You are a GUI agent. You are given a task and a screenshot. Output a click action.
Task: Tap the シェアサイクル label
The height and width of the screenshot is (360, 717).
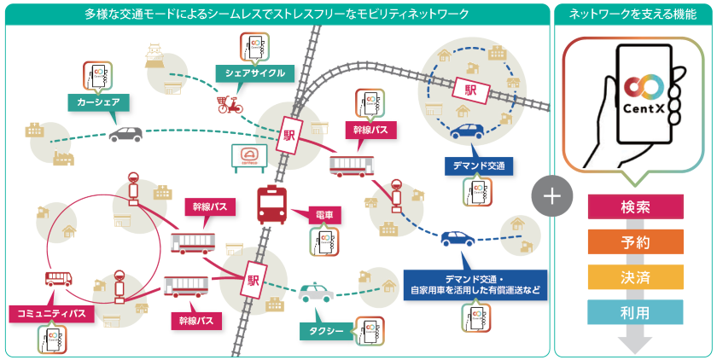pyautogui.click(x=254, y=73)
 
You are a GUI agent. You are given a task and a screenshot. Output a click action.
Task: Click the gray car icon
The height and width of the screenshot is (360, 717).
pyautogui.click(x=125, y=135)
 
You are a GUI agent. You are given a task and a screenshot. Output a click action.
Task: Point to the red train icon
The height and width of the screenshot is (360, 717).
pyautogui.click(x=271, y=206)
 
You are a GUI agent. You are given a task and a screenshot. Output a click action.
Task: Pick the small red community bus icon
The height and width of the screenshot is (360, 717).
pyautogui.click(x=58, y=278)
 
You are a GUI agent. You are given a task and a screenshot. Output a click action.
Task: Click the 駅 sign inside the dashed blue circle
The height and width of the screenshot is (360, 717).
pyautogui.click(x=469, y=89)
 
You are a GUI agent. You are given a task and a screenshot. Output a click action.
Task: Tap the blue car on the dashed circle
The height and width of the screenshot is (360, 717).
pyautogui.click(x=467, y=132)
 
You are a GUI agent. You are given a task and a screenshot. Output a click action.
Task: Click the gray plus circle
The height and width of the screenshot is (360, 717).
pyautogui.click(x=551, y=195)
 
